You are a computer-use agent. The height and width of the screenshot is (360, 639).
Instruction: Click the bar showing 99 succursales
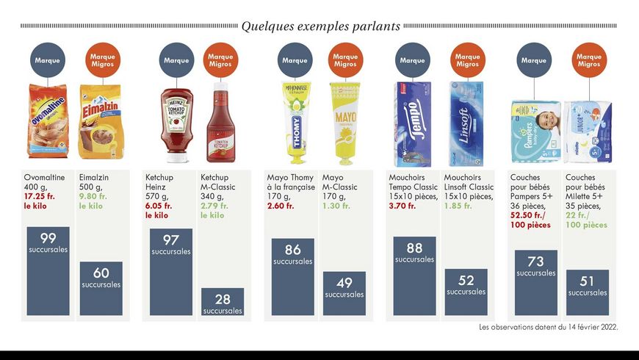[x=48, y=270]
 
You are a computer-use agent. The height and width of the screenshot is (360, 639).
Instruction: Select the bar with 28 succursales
[x=223, y=302]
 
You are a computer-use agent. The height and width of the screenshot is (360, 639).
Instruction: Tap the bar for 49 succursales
[x=344, y=294]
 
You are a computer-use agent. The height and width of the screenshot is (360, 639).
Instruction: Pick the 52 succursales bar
[x=466, y=292]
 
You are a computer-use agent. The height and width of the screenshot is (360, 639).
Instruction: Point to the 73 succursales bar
[x=536, y=283]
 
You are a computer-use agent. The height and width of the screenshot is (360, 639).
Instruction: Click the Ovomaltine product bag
[x=48, y=121]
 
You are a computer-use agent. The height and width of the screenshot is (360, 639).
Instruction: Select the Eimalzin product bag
[x=101, y=121]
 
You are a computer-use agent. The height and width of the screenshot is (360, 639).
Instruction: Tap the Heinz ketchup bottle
[x=176, y=125]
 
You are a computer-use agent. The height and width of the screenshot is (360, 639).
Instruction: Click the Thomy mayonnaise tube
[x=296, y=122]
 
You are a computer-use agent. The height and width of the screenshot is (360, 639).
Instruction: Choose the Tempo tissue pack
[x=413, y=124]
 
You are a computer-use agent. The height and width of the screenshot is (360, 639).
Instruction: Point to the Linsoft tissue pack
[x=466, y=123]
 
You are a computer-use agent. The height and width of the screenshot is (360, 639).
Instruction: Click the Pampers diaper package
[x=536, y=132]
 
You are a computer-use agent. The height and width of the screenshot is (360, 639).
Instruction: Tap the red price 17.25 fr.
[x=39, y=196]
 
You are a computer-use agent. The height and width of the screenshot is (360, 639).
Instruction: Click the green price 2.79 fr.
[x=214, y=206]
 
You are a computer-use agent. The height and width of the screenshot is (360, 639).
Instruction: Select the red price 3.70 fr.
[x=402, y=206]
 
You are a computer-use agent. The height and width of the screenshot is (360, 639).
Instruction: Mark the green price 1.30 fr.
[x=336, y=206]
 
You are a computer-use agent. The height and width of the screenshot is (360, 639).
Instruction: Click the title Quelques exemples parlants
[x=321, y=26]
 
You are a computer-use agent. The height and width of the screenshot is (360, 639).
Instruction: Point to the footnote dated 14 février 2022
[x=549, y=327]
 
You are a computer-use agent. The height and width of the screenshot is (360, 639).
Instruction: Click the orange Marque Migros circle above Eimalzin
[x=103, y=60]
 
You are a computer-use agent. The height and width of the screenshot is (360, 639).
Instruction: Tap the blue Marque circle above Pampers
[x=534, y=60]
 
